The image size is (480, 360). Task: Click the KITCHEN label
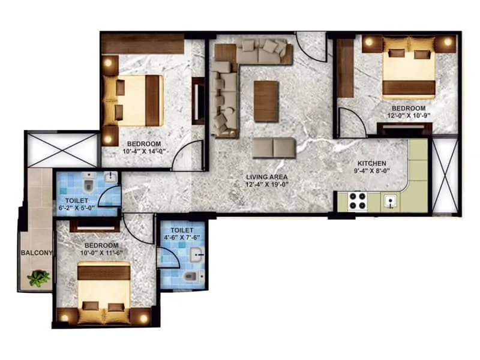372,163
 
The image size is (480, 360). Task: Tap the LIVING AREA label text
266,177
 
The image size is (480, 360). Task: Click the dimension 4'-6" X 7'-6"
182,238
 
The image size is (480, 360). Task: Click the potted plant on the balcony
40,277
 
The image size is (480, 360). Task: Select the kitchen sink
391,201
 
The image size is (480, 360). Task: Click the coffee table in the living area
266,101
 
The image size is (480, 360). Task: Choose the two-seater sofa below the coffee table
274,147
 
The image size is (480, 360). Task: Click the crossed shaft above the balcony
62,150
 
